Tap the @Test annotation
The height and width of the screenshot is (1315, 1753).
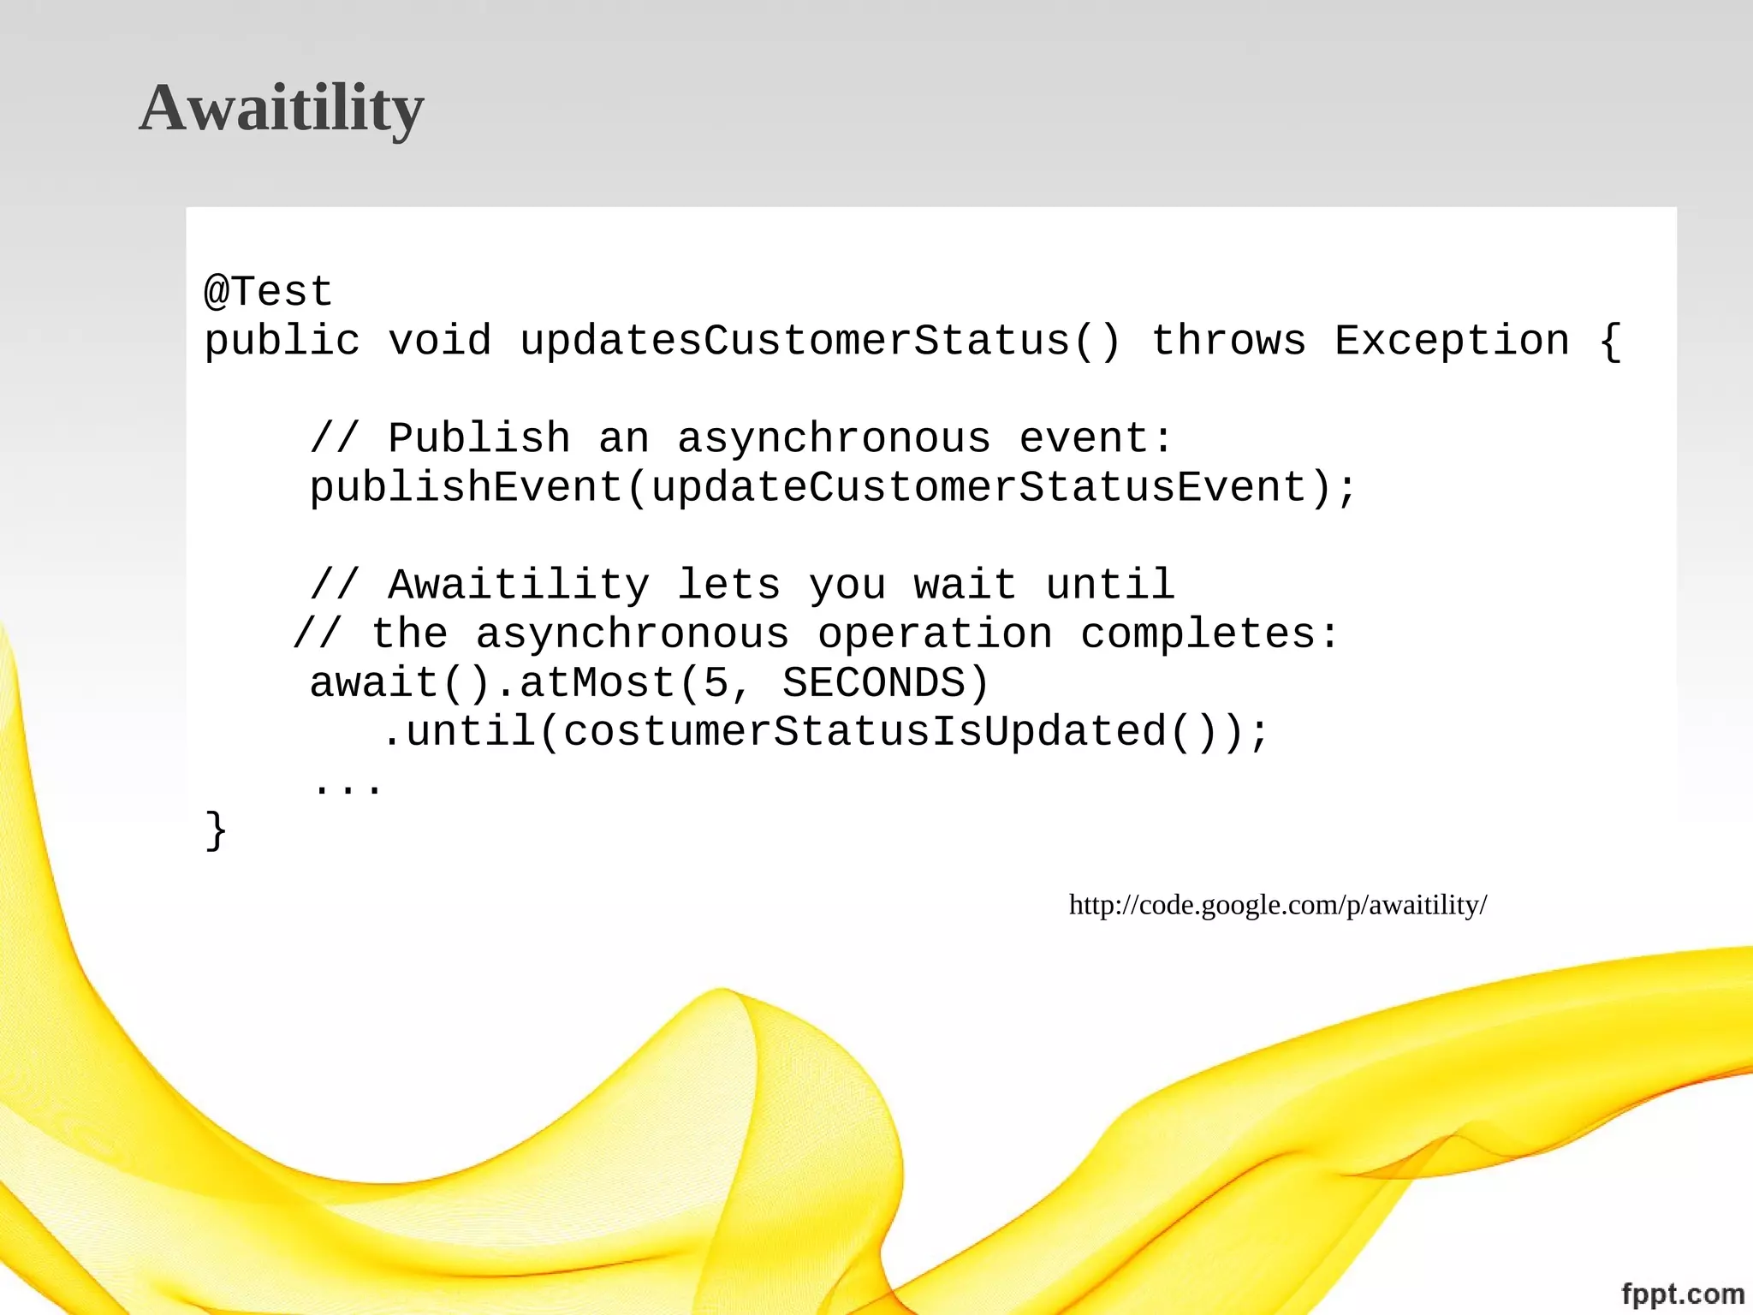click(x=268, y=292)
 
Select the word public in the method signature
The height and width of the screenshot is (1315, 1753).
click(x=282, y=342)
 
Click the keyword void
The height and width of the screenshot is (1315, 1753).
click(x=440, y=341)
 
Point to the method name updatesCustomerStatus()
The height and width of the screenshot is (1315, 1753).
click(x=820, y=341)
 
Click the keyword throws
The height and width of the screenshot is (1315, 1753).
click(x=1228, y=341)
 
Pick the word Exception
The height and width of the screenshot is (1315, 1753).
click(x=1452, y=341)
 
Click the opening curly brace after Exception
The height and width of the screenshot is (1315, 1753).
click(x=1610, y=342)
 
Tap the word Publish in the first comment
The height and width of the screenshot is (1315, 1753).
click(x=478, y=438)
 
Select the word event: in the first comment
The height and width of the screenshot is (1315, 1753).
click(x=1095, y=438)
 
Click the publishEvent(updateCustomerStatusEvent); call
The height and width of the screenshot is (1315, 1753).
click(x=833, y=488)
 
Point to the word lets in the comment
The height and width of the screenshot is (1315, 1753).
click(x=728, y=586)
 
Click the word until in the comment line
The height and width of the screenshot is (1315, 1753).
click(x=1110, y=586)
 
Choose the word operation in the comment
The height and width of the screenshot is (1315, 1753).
click(x=935, y=634)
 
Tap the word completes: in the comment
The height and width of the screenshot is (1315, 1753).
click(x=1209, y=634)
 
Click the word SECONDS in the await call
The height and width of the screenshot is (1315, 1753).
click(x=873, y=683)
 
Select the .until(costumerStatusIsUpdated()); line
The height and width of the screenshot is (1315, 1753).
click(x=825, y=733)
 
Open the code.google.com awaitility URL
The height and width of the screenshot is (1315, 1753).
click(x=1278, y=905)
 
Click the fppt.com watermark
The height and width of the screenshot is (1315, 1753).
click(x=1683, y=1293)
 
